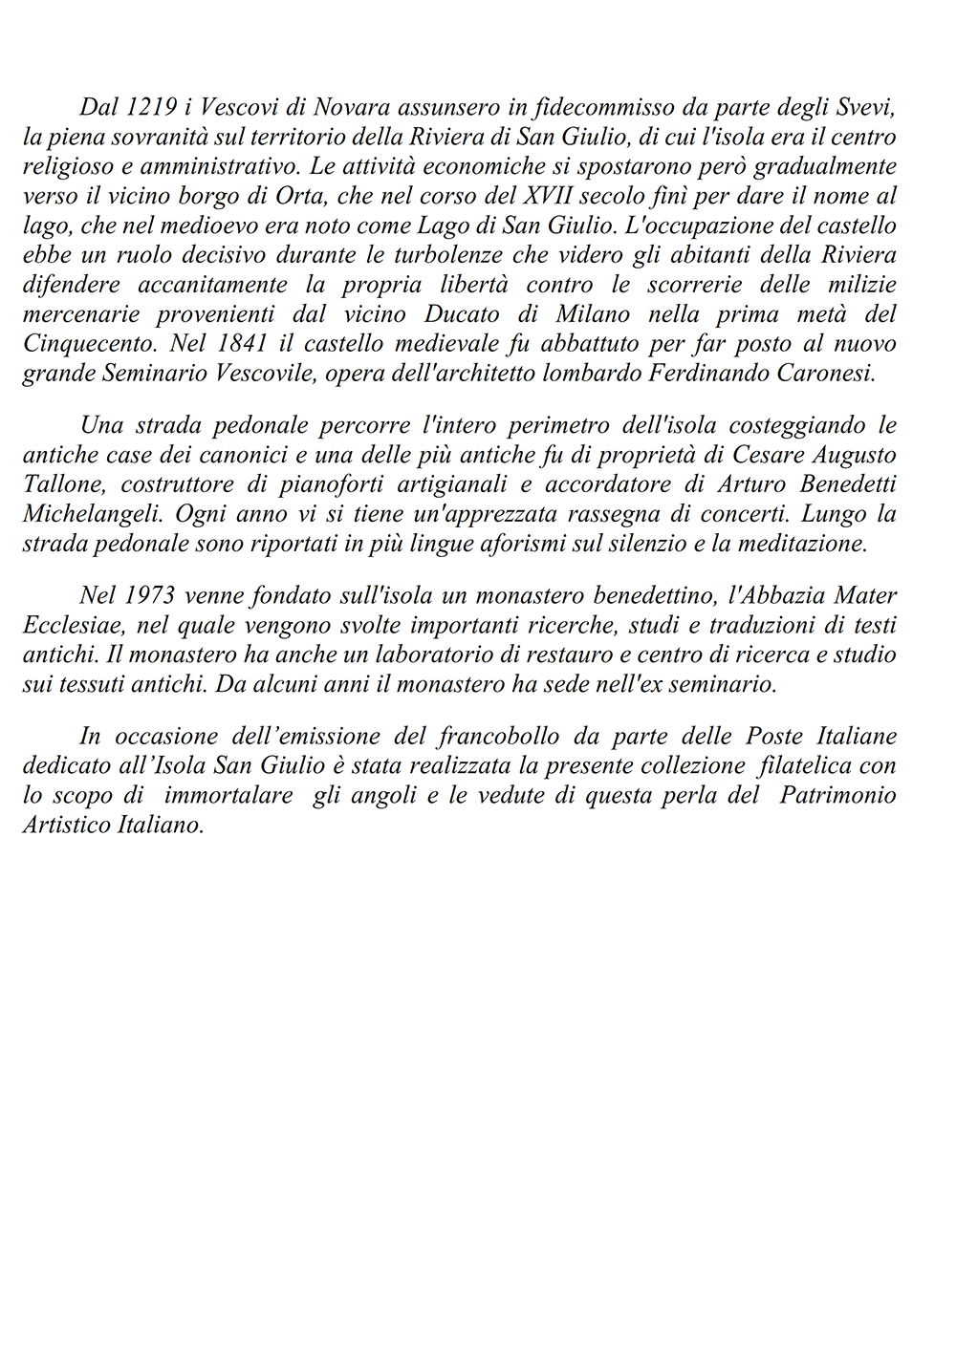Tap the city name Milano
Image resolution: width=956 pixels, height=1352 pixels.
coord(571,314)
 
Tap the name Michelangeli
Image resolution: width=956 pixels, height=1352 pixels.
coord(84,513)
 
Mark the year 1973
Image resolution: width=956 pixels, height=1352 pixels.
coord(149,596)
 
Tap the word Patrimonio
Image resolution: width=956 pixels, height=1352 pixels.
coord(838,795)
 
